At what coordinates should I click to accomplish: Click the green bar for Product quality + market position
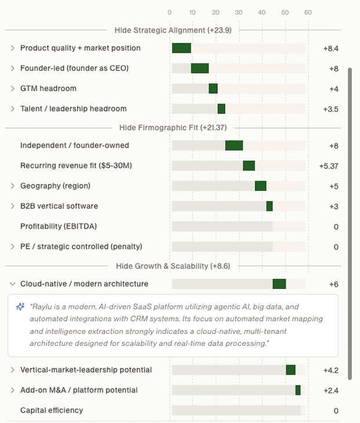pos(182,48)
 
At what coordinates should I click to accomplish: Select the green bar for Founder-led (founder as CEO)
pos(200,68)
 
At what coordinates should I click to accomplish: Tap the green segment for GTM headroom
pos(213,88)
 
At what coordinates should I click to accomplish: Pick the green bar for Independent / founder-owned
pos(234,146)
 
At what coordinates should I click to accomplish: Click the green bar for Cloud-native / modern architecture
pos(279,284)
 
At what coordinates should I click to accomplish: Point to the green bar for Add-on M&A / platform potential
pos(298,390)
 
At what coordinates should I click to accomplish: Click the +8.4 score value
pos(331,49)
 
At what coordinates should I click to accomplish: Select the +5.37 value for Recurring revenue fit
pos(329,166)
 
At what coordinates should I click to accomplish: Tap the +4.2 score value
pos(331,370)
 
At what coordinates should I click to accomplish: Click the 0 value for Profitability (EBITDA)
pos(336,227)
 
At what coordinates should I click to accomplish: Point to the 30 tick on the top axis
pos(239,12)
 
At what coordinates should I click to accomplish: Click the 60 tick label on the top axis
pos(308,12)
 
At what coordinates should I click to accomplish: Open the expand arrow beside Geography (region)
pos(12,186)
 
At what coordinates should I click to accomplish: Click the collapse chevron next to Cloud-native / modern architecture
pos(12,284)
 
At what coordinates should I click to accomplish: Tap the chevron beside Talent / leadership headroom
pos(12,109)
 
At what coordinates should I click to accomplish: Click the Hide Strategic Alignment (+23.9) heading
pos(173,30)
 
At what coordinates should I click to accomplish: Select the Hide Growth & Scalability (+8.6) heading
pos(173,266)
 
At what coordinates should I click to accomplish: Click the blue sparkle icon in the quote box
pos(20,307)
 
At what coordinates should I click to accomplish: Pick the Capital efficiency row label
pos(52,410)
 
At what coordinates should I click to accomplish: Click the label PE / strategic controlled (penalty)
pos(81,247)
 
